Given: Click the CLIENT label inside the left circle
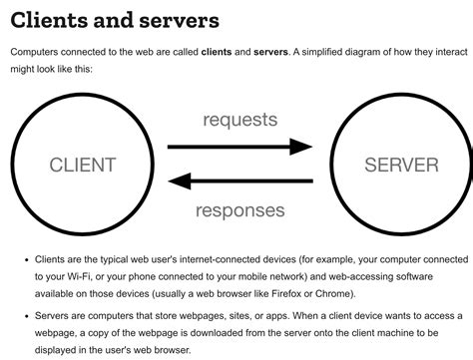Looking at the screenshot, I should [x=83, y=166].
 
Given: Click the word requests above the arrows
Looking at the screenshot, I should [x=239, y=120].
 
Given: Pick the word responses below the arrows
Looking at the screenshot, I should [x=240, y=210].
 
